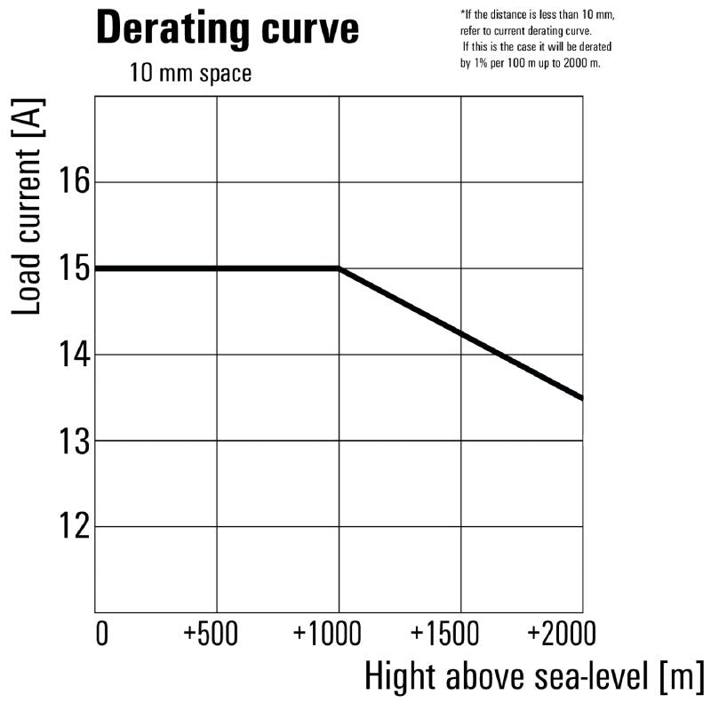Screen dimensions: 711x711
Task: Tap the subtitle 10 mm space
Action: coord(190,73)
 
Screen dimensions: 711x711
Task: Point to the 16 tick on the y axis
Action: coord(74,182)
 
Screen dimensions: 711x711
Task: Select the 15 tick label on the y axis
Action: coord(74,268)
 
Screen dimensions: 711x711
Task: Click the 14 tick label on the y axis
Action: coord(74,355)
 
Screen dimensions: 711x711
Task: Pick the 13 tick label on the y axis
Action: coord(74,441)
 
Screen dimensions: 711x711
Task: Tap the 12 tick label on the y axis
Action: coord(74,527)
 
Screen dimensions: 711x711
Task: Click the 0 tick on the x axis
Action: coord(100,635)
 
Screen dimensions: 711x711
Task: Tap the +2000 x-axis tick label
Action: coord(561,635)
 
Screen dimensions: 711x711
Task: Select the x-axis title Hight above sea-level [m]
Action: coord(534,677)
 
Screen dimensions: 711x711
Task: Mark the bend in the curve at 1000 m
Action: coord(339,268)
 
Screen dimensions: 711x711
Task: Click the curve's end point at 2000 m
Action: coord(581,397)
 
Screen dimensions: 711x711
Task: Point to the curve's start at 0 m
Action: coord(97,268)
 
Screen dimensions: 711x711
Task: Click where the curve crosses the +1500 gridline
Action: coord(460,332)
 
